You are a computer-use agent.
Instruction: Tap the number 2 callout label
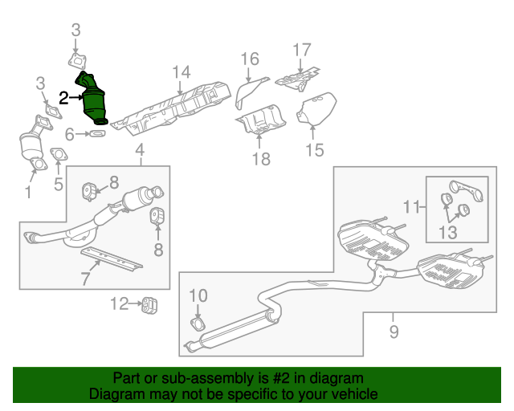point(65,98)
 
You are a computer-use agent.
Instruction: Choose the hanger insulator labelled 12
point(148,304)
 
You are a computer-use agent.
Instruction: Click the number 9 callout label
point(394,331)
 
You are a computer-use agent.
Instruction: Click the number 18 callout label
point(261,158)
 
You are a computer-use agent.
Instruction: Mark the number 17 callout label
point(301,50)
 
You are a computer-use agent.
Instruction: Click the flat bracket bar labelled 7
point(113,259)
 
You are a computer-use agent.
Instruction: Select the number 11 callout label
point(412,207)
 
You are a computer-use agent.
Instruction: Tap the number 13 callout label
point(447,233)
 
